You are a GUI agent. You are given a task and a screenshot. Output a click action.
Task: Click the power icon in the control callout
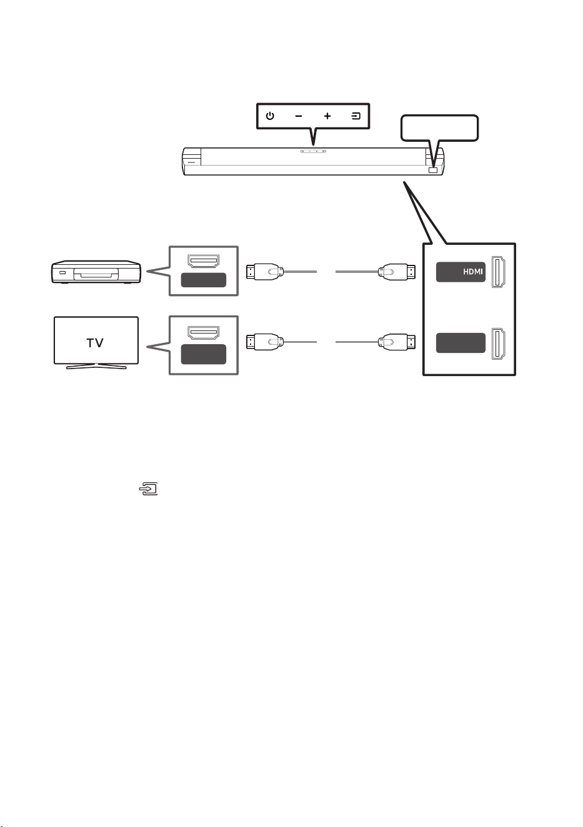pos(270,116)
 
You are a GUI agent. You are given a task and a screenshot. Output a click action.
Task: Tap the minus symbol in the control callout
pos(299,116)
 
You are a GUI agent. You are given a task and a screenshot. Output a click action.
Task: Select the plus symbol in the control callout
pos(327,116)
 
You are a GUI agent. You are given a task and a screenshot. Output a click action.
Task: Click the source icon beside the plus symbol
pos(356,116)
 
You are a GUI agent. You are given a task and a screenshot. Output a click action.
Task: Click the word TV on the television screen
pos(95,343)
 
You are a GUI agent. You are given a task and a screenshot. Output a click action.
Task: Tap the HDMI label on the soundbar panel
pos(473,272)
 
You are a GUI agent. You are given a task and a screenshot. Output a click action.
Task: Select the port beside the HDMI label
pos(499,272)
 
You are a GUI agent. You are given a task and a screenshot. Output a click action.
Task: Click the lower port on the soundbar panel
pos(499,344)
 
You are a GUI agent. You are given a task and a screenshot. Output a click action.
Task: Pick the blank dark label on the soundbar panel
pos(461,343)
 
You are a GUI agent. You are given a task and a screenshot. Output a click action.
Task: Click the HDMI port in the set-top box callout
pos(204,261)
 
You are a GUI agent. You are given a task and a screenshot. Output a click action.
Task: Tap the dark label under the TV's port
pos(204,354)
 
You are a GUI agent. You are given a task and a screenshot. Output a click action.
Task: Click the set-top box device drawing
pos(96,272)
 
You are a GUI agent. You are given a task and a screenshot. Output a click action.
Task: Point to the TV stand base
pos(96,366)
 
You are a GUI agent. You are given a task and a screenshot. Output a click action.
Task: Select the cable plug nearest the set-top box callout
pos(265,272)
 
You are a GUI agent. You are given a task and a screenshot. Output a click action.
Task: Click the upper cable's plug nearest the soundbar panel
pos(397,272)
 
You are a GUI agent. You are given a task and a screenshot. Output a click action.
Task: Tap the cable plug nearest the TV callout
pos(265,342)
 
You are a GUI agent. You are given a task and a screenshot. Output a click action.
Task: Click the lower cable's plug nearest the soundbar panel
pos(397,342)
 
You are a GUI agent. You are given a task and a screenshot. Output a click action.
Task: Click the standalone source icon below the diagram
pos(149,488)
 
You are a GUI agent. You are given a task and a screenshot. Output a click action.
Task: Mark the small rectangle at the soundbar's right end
pos(433,171)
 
